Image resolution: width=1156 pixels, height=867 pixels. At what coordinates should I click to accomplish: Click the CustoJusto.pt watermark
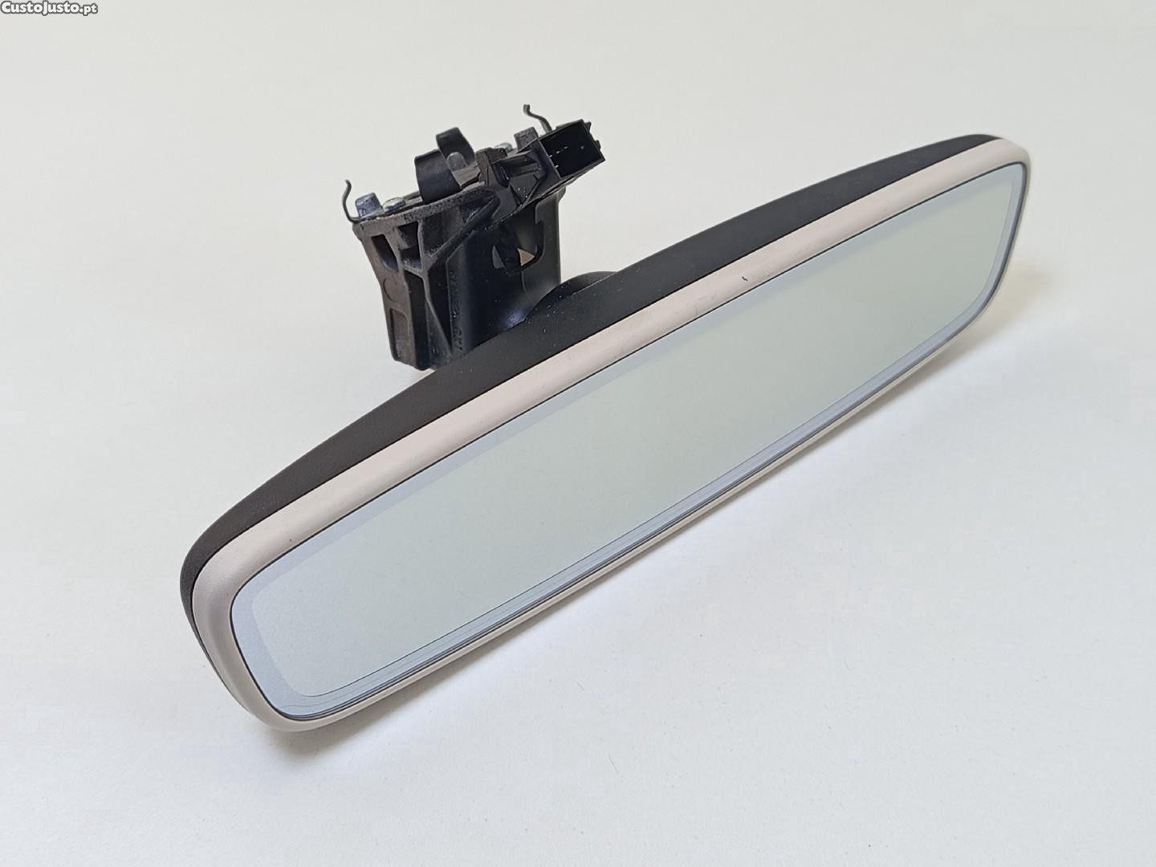tap(49, 7)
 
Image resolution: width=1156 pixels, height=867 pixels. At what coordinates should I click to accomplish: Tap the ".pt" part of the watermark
tap(89, 8)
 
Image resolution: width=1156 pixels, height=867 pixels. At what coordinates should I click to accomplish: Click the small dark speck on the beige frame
tap(743, 275)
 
